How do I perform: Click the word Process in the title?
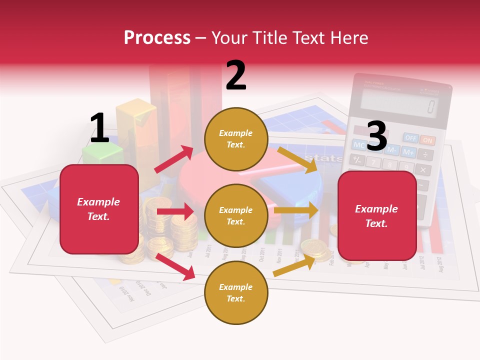click(157, 37)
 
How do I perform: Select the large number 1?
click(99, 128)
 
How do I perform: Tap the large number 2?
click(236, 75)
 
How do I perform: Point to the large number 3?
click(376, 136)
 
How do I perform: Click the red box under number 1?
click(99, 209)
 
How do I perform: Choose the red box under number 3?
click(377, 216)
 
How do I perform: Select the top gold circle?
click(236, 139)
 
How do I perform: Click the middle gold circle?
click(236, 216)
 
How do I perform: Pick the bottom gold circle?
click(236, 293)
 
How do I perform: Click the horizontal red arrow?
click(175, 211)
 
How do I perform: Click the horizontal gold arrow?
click(296, 210)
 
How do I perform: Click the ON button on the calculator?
click(427, 140)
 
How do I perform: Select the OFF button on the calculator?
click(410, 137)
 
